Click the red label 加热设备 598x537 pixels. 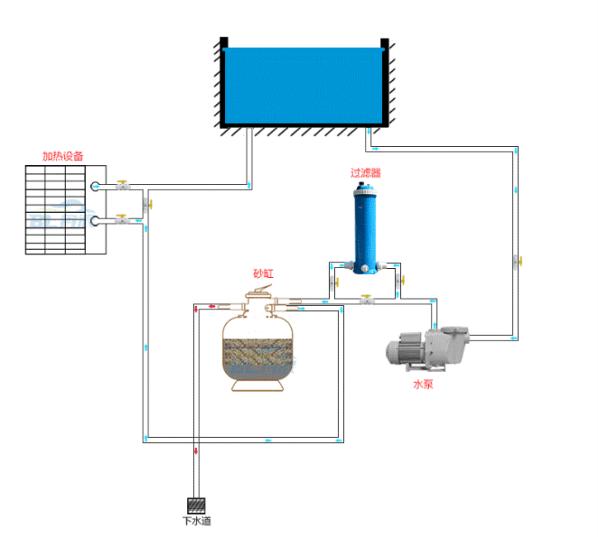(63, 155)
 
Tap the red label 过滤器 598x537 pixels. (365, 173)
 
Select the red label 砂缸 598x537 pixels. (263, 273)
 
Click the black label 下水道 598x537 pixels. (196, 521)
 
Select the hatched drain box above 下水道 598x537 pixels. (196, 504)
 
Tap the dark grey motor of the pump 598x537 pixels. (405, 347)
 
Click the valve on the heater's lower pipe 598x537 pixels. (123, 219)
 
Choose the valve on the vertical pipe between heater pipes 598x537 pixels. (146, 204)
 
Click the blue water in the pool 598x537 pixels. (304, 86)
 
